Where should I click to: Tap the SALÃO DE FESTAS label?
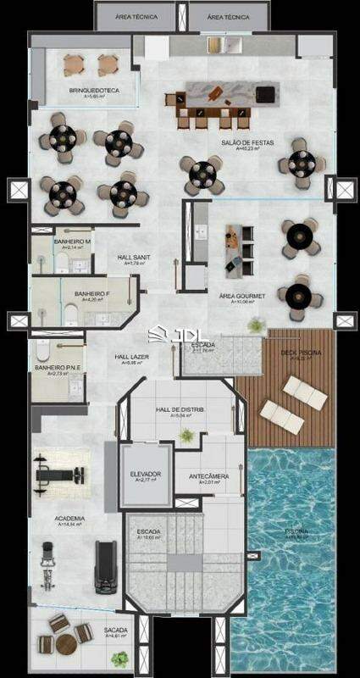(241, 142)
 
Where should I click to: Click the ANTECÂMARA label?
(208, 476)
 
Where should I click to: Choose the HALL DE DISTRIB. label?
(178, 410)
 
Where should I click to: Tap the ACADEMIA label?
(70, 518)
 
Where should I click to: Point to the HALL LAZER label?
(132, 358)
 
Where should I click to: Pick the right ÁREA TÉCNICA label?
(229, 16)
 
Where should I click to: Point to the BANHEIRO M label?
(72, 242)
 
